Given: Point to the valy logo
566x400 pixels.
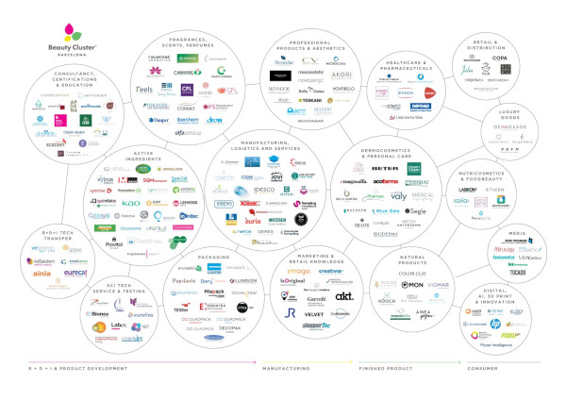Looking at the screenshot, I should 398,197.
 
